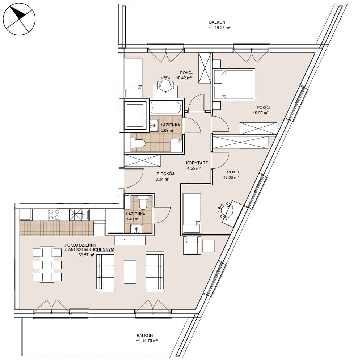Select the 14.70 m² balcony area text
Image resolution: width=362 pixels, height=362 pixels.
coord(147,341)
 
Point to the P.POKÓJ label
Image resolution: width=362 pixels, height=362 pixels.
coord(165,174)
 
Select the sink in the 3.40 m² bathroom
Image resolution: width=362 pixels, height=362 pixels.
coord(137,229)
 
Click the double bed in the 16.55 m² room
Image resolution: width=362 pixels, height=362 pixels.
coord(234,84)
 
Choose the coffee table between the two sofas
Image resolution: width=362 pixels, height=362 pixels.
coord(130,271)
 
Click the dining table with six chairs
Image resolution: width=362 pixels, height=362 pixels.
coord(47,264)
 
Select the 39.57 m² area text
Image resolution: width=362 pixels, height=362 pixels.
coord(87,255)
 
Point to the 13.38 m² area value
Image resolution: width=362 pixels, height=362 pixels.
coord(231,177)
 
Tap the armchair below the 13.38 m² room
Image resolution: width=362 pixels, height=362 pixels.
coord(191,245)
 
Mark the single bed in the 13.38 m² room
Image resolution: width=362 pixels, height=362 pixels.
coord(191,213)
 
